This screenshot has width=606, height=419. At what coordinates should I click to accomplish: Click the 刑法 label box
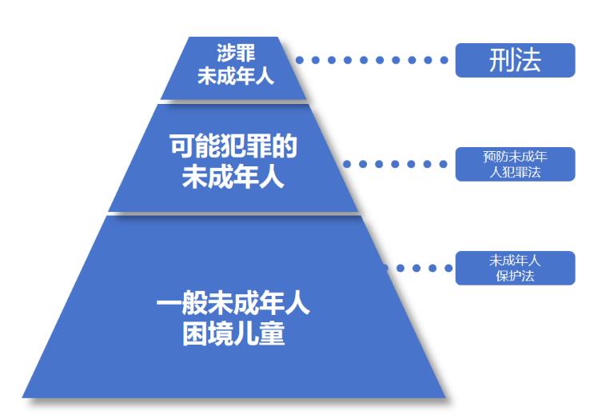(515, 61)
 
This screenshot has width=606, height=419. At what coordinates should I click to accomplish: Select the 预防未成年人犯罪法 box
(515, 164)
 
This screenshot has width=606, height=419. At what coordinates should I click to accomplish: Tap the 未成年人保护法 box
(515, 268)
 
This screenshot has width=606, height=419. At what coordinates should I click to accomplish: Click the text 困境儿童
(233, 333)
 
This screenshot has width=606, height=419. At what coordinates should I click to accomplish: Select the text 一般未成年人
(233, 305)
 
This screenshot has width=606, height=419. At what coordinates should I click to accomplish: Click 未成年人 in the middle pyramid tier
(233, 177)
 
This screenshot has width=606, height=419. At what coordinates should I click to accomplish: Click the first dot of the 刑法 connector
(300, 60)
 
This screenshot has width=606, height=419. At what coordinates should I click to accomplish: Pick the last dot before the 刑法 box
(444, 60)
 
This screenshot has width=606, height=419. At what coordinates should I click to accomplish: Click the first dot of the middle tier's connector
(348, 164)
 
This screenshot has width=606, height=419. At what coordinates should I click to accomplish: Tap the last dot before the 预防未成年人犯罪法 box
(444, 164)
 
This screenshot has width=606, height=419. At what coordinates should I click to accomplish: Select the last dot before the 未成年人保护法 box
(444, 268)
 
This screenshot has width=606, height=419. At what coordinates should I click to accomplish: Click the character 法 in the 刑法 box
(528, 61)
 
